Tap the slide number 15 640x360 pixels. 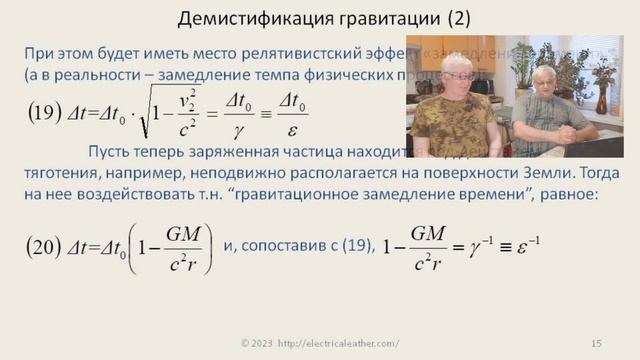pyautogui.click(x=596, y=344)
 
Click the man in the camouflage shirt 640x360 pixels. pyautogui.click(x=455, y=110)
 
